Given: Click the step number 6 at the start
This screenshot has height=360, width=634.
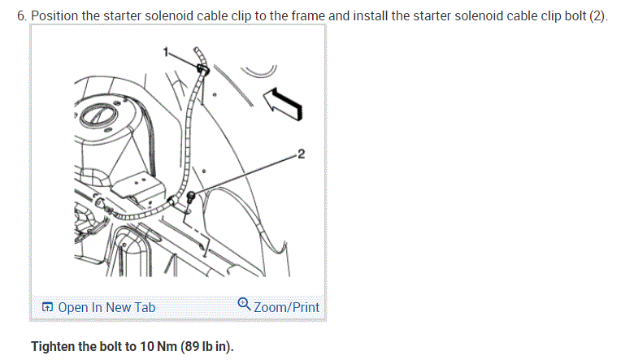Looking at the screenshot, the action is pos(20,16).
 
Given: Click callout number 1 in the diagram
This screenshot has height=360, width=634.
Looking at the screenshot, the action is pos(167,53).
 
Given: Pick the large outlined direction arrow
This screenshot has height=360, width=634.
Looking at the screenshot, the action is pos(282,103).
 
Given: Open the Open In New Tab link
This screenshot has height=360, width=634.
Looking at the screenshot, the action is pos(106,307).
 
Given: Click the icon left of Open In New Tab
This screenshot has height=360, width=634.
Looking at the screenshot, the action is pos(47,307).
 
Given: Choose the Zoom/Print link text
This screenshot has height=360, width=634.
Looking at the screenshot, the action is pos(286,307).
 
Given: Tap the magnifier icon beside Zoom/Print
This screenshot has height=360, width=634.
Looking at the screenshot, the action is pos(244,305).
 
